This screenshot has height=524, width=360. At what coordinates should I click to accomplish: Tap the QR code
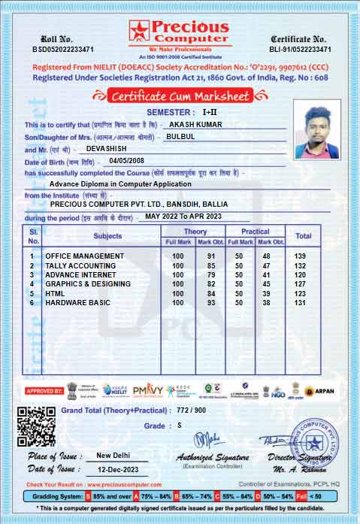click(36, 426)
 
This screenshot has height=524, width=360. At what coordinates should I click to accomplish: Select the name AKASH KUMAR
click(195, 123)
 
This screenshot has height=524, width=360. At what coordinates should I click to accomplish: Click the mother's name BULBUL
click(180, 137)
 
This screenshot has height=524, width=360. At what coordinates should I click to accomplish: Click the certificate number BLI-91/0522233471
click(301, 49)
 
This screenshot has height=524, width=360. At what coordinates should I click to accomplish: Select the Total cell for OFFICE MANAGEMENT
click(303, 256)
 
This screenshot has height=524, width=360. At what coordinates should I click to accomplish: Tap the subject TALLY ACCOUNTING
click(80, 265)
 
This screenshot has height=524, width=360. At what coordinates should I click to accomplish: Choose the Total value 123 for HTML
click(303, 293)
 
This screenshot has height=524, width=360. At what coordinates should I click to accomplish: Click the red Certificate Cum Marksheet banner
click(180, 95)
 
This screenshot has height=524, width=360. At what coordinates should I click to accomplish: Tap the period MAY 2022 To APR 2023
click(183, 216)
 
